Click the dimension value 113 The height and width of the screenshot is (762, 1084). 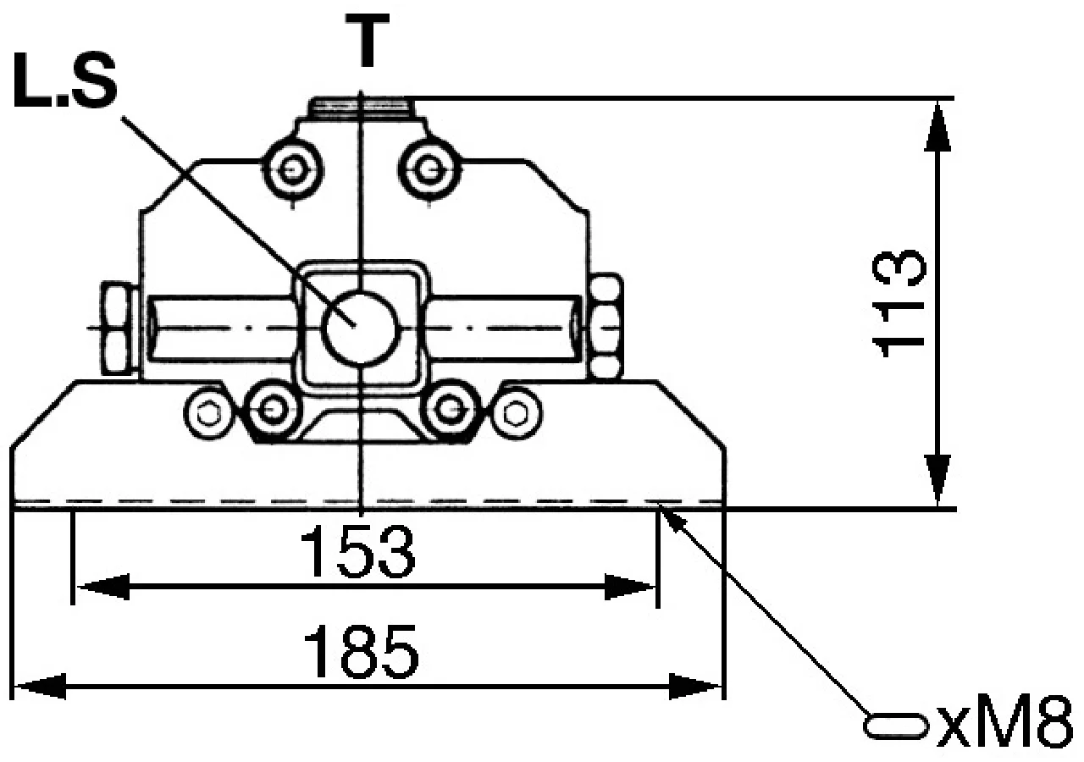tap(899, 304)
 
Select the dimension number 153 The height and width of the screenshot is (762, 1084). tap(357, 552)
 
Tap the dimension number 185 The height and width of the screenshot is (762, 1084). tap(361, 653)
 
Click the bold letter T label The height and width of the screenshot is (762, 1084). tap(368, 40)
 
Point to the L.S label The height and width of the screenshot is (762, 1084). tap(65, 80)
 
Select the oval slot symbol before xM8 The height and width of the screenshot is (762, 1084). tap(896, 726)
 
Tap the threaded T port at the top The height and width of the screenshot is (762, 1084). tap(361, 108)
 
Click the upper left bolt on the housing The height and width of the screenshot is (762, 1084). tap(293, 170)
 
